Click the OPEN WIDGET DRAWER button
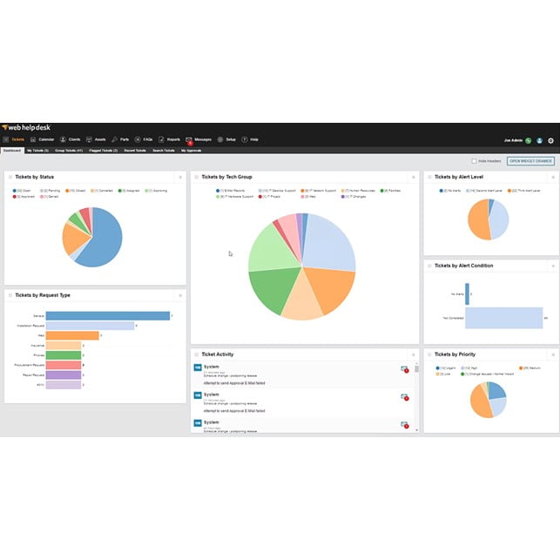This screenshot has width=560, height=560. [530, 161]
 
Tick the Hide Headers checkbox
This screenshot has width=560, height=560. [474, 161]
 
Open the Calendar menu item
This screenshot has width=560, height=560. [43, 139]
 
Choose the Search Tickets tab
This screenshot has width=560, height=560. [163, 151]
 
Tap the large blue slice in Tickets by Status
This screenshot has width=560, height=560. [103, 237]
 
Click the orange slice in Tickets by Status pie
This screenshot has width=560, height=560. [72, 240]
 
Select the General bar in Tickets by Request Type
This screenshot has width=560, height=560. [107, 316]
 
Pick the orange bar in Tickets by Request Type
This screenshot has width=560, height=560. [71, 335]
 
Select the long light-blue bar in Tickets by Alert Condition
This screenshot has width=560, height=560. [505, 318]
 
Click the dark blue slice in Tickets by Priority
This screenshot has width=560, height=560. [496, 389]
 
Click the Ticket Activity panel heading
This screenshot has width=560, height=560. [218, 354]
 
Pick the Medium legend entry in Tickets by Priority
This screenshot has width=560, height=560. [532, 368]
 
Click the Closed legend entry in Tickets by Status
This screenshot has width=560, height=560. [78, 190]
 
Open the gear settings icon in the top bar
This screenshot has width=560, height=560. [550, 139]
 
